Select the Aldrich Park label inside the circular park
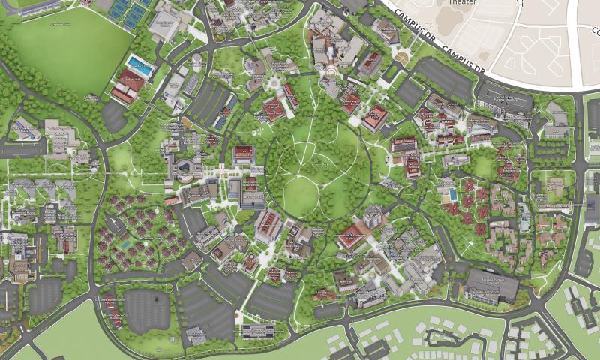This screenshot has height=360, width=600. [321, 163]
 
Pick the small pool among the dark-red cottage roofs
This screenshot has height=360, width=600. [124, 243]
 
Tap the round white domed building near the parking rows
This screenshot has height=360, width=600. [197, 58]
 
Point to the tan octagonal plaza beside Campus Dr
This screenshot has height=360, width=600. [403, 58]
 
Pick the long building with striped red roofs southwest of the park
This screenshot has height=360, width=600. [267, 226]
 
